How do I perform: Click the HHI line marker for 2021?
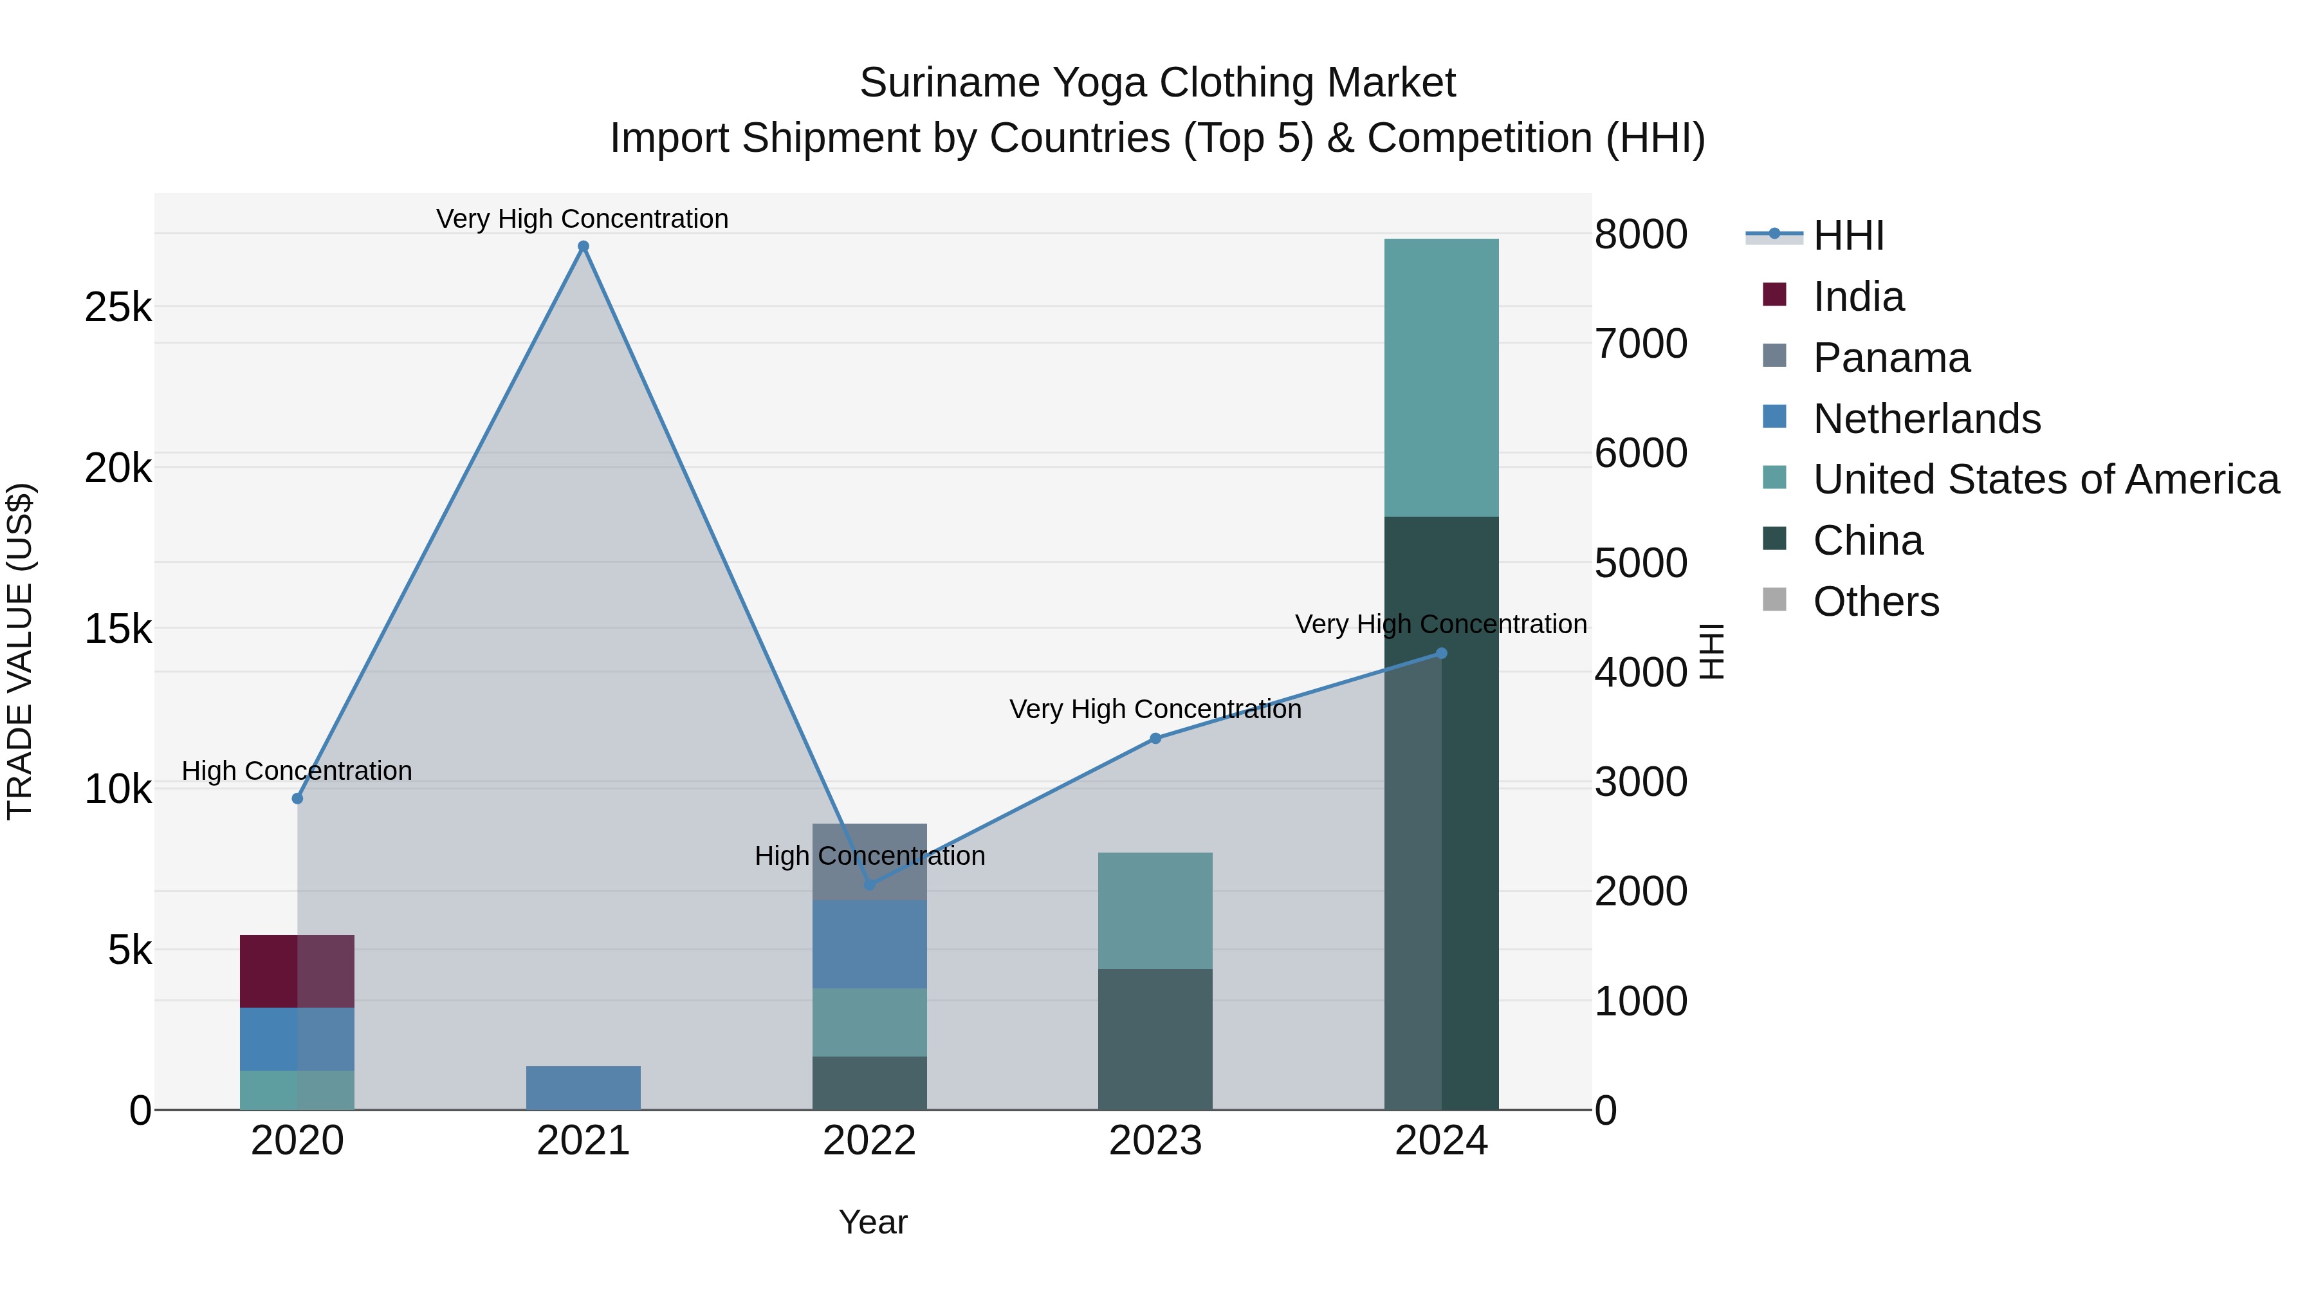[x=583, y=246]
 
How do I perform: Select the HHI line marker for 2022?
[x=869, y=885]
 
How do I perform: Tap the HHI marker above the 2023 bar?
[x=1155, y=738]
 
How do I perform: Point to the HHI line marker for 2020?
[x=298, y=799]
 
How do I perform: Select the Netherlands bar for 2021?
[x=583, y=1087]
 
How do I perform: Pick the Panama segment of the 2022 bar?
[x=869, y=862]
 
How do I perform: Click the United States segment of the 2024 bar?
[x=1441, y=378]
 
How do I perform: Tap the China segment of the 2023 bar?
[x=1155, y=1039]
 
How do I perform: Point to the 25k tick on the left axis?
[x=118, y=308]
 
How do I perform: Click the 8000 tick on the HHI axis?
[x=1640, y=235]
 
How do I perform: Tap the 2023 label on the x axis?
[x=1155, y=1141]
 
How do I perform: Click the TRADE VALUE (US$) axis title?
[x=20, y=652]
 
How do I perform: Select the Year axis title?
[x=872, y=1222]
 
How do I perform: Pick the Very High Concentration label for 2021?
[x=583, y=219]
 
